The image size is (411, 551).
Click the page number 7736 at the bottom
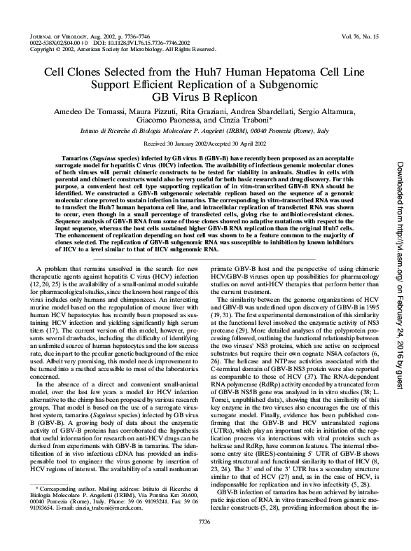[204, 540]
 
